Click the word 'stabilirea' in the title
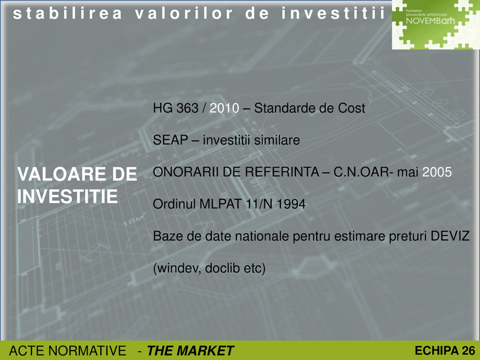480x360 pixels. [67, 14]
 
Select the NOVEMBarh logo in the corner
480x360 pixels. [436, 25]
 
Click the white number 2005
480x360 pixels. [437, 173]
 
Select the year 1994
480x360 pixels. [292, 205]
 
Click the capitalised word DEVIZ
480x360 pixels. [451, 236]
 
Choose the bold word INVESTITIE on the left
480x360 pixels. [68, 197]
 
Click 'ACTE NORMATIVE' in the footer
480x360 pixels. [67, 351]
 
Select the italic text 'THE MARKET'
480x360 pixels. [191, 351]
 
